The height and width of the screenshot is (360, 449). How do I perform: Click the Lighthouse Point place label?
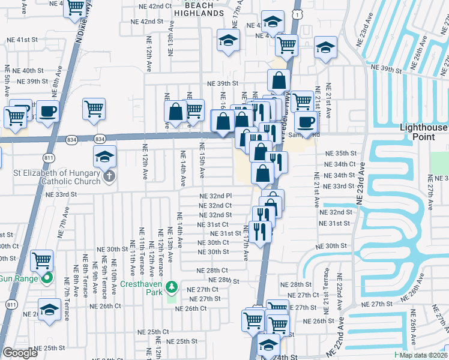pos(424,132)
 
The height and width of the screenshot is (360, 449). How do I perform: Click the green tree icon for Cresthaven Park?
pos(172,287)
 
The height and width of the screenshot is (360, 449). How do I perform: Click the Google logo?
pos(20,352)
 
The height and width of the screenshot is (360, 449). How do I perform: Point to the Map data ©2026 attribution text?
pos(424,355)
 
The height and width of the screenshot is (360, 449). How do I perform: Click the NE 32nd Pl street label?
pos(215,196)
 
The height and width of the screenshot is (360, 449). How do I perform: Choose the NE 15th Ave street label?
pos(202,160)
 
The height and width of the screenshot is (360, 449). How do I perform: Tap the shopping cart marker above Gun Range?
pos(42,261)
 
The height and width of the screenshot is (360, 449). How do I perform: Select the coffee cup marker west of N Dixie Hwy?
pos(47,110)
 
